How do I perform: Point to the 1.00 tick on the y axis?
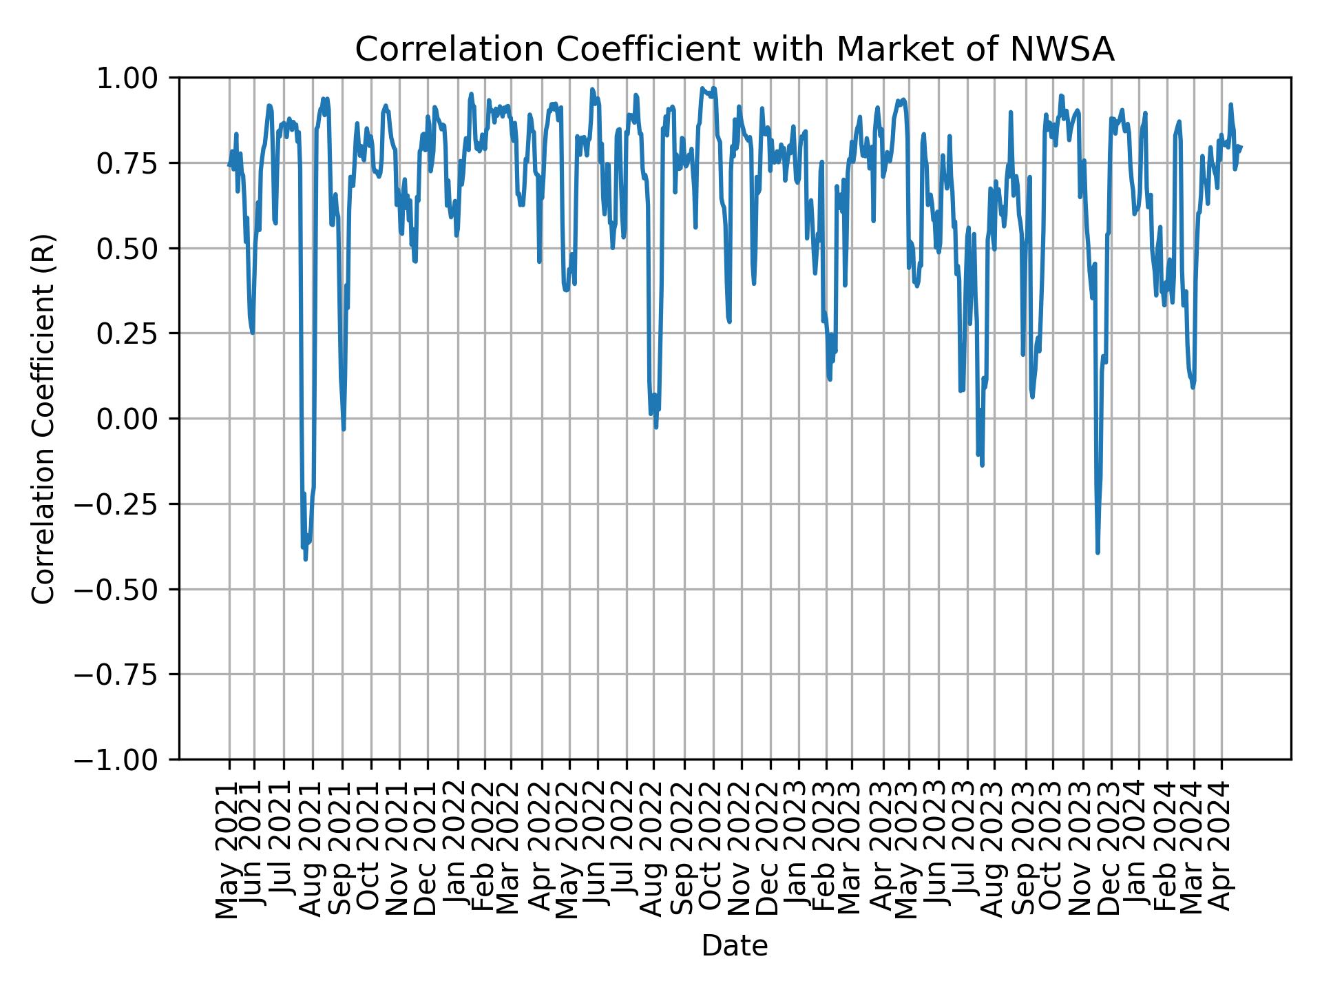pyautogui.click(x=137, y=78)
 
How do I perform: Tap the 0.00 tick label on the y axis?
pyautogui.click(x=137, y=419)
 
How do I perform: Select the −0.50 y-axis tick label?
pyautogui.click(x=126, y=589)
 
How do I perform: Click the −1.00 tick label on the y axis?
pyautogui.click(x=126, y=759)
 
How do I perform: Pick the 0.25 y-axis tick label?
pyautogui.click(x=137, y=333)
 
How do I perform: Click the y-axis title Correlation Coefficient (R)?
pyautogui.click(x=43, y=419)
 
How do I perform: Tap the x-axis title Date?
pyautogui.click(x=735, y=947)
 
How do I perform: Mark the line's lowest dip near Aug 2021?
pyautogui.click(x=306, y=559)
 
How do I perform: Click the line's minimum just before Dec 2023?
pyautogui.click(x=1098, y=552)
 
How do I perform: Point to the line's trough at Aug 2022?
pyautogui.click(x=656, y=426)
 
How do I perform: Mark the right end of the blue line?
pyautogui.click(x=1241, y=146)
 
